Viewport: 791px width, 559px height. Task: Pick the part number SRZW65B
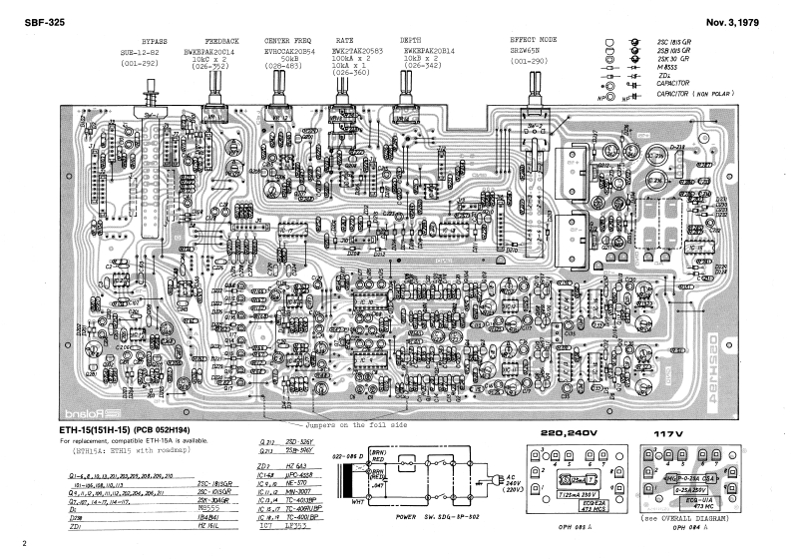click(x=529, y=50)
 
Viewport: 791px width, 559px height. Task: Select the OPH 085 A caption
click(x=579, y=527)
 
